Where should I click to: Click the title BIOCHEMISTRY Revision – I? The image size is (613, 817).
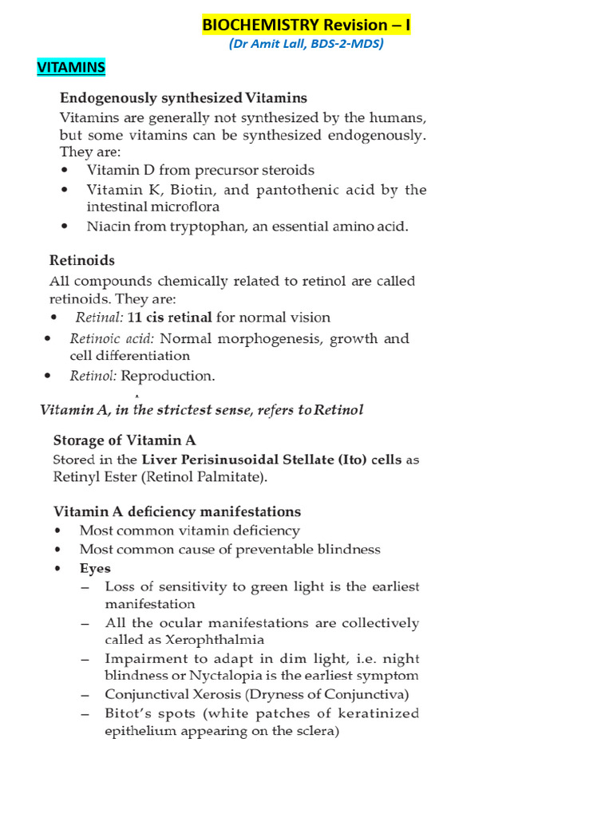pyautogui.click(x=306, y=25)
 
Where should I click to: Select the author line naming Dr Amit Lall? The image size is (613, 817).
pyautogui.click(x=306, y=44)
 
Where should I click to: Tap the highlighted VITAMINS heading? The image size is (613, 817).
pyautogui.click(x=71, y=68)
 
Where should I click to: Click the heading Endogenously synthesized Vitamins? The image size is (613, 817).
pyautogui.click(x=184, y=98)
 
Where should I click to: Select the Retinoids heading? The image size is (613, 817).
pyautogui.click(x=82, y=260)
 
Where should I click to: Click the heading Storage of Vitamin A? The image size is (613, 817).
pyautogui.click(x=125, y=440)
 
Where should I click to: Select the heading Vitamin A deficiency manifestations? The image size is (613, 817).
pyautogui.click(x=177, y=511)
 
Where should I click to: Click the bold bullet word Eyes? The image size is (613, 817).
pyautogui.click(x=95, y=569)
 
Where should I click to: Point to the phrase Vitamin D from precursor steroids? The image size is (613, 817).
pyautogui.click(x=200, y=170)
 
